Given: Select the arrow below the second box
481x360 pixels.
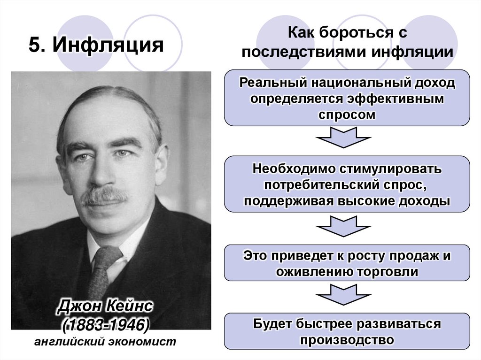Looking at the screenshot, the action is point(347,227).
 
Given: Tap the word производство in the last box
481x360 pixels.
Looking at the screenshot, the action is point(347,339).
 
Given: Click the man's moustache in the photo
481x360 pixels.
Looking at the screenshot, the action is point(104,196).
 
